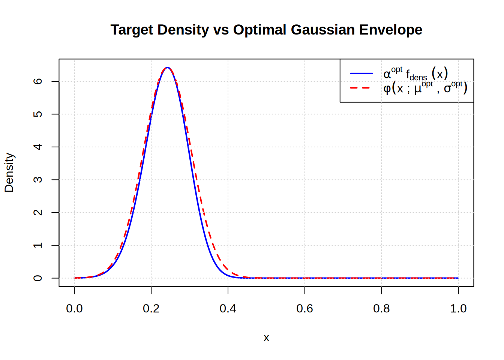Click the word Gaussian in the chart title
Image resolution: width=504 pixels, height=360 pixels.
coord(322,30)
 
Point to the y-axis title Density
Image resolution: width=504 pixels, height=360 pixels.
coord(9,172)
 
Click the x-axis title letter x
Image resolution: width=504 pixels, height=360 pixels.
coord(266,337)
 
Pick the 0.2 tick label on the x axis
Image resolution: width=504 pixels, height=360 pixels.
coord(151,309)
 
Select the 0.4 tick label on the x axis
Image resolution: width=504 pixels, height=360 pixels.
coord(228,309)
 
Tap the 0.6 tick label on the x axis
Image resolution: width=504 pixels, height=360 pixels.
coord(304,309)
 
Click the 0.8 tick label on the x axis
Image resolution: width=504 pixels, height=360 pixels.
coord(381,309)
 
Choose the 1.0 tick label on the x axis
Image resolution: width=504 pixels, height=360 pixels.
coord(458,309)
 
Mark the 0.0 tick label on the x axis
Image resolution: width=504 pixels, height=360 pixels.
coord(74,309)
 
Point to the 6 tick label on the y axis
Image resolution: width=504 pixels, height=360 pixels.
coord(38,81)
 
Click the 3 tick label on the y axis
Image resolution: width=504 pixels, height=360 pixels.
coord(38,180)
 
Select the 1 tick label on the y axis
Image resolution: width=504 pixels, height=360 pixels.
coord(38,245)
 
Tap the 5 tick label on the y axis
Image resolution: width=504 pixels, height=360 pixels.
coord(38,114)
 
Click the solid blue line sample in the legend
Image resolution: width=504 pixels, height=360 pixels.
coord(361,73)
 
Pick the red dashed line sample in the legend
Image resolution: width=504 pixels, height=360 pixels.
coord(361,88)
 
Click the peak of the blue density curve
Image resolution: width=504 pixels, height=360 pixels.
coord(168,67)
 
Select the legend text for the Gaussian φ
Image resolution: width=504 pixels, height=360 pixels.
coord(425,88)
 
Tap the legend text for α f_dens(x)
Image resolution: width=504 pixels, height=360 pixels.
coord(415,73)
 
